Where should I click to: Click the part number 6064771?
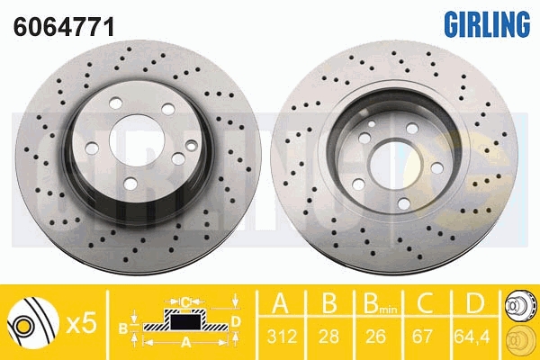click(63, 26)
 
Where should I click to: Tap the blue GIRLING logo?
click(487, 23)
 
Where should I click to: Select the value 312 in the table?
click(282, 336)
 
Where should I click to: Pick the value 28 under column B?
click(328, 336)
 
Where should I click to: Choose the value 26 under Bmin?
click(375, 336)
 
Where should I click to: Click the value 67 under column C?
click(422, 336)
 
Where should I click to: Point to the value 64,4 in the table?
click(472, 336)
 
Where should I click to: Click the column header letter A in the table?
click(281, 302)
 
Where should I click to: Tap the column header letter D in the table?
click(474, 302)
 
